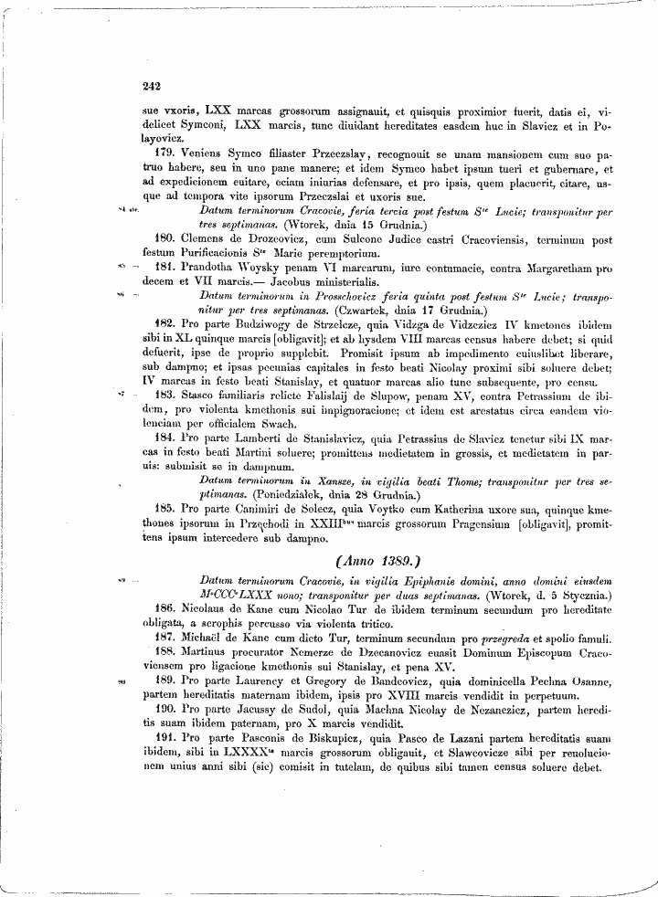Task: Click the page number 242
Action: pos(152,86)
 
